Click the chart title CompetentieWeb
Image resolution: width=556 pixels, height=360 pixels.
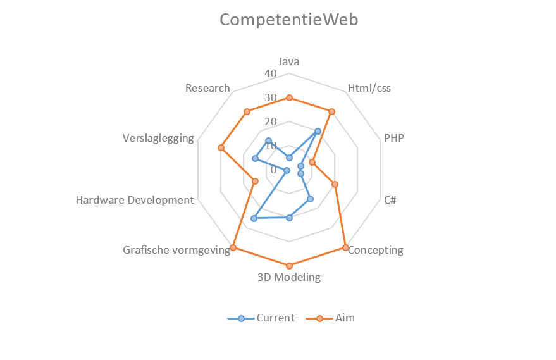point(288,20)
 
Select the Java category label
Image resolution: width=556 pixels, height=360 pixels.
point(289,61)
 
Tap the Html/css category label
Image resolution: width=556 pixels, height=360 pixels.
point(369,88)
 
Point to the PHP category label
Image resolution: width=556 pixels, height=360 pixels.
point(393,137)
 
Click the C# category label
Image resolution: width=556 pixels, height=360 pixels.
point(390,200)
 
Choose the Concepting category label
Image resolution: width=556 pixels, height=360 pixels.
point(376,250)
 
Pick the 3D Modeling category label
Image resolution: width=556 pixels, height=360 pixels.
point(289,277)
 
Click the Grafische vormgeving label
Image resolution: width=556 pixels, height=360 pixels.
point(176,250)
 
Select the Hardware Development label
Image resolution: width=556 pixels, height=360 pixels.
point(134,200)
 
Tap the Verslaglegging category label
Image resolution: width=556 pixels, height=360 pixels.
point(158,137)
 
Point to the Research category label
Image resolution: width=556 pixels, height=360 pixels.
point(207,88)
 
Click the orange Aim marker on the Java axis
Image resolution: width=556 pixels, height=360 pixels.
point(289,97)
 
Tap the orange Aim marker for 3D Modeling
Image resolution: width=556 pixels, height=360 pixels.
point(289,266)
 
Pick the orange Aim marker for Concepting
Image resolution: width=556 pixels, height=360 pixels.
point(345,247)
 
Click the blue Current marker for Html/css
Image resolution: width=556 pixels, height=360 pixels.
point(318,131)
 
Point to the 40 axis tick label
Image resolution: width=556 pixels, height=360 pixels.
point(271,73)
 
